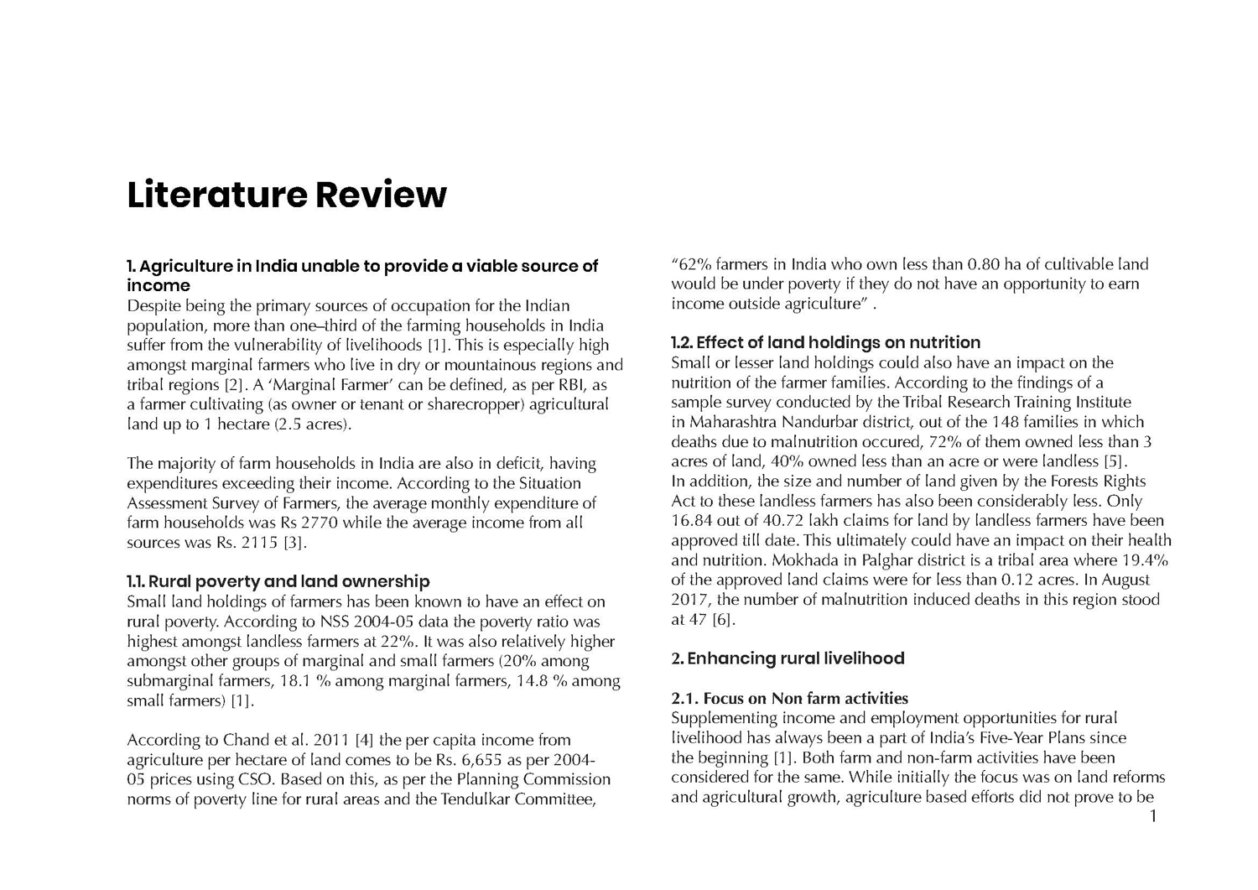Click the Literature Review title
point(287,194)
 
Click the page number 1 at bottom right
point(1153,816)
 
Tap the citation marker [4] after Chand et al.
point(364,740)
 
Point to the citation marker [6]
point(723,620)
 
